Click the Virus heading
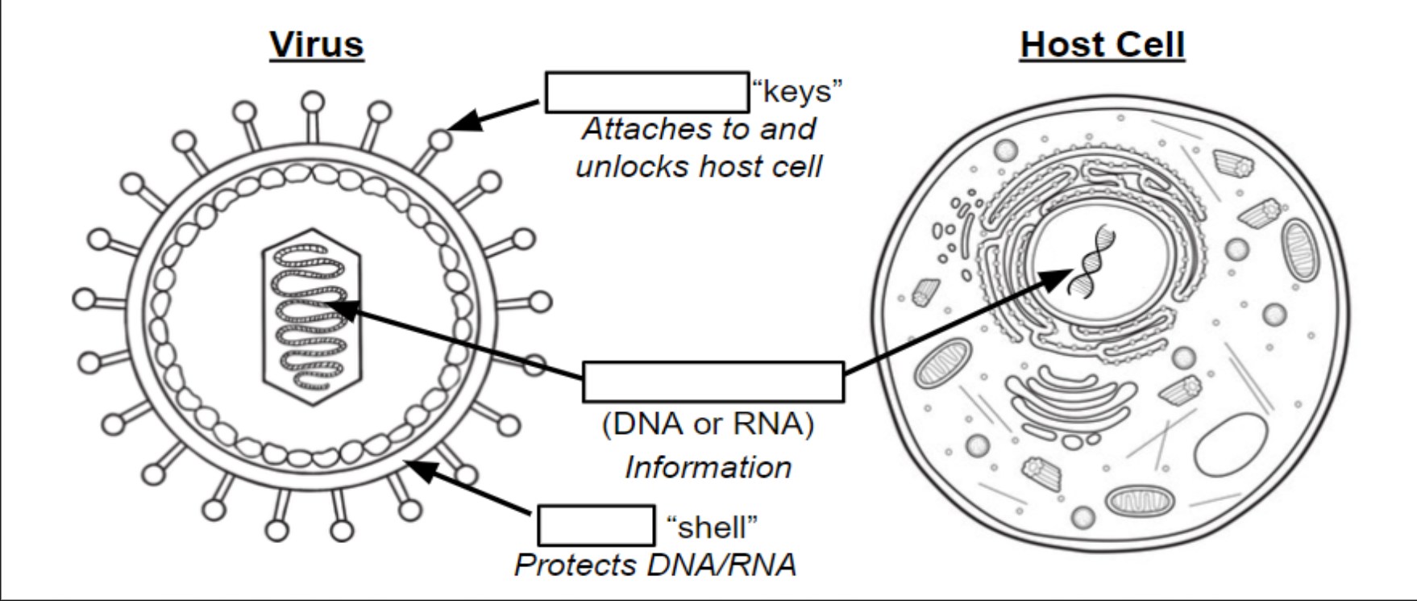(x=316, y=44)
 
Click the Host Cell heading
(x=1103, y=44)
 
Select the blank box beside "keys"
(x=647, y=92)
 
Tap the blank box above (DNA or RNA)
(x=713, y=382)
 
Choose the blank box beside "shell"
(x=596, y=525)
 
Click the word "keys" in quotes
(x=797, y=92)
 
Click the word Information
(x=708, y=467)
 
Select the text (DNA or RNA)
(x=708, y=424)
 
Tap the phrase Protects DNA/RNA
(x=655, y=565)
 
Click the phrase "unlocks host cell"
(x=699, y=166)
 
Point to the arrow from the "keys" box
(x=493, y=115)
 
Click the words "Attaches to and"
(x=699, y=129)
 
